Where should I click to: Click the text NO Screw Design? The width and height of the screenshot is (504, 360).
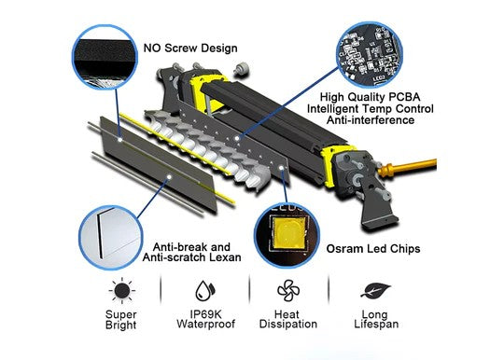pyautogui.click(x=190, y=47)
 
